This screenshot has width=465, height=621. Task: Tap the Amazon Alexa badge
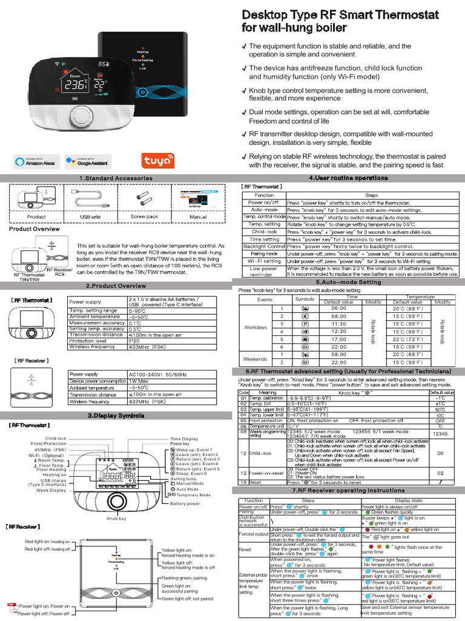pos(36,161)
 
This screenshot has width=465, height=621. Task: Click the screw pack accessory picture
pos(143,198)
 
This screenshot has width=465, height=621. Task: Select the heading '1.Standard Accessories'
pos(116,178)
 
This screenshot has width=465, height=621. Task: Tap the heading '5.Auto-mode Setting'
pos(348,283)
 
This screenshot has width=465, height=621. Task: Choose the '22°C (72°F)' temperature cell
pos(407,339)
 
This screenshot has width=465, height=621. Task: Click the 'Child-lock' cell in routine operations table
pos(264,232)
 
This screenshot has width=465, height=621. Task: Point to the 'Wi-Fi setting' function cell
pos(264,261)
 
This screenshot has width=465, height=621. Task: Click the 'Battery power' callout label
pos(185,503)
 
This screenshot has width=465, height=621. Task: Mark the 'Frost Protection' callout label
pos(48,444)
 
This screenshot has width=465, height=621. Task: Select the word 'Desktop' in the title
pos(269,15)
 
